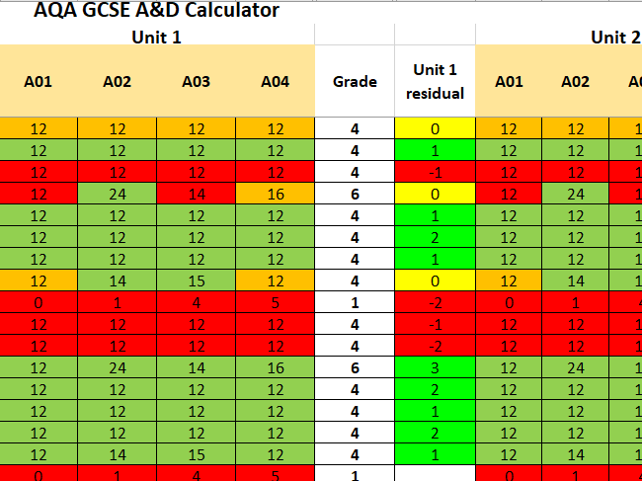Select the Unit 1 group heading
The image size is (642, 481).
tap(156, 37)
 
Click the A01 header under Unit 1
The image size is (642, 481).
tap(39, 82)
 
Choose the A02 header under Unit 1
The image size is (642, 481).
tap(118, 82)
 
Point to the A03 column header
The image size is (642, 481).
tap(196, 82)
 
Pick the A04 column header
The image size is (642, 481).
tap(275, 82)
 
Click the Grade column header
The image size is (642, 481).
tap(354, 82)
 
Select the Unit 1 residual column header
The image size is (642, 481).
tap(435, 82)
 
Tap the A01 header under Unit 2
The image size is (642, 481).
tap(509, 82)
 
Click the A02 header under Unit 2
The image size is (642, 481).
tap(575, 82)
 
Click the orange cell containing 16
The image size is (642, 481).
tap(275, 194)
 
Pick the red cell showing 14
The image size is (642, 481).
tap(196, 194)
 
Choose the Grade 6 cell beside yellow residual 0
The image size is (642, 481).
tap(354, 194)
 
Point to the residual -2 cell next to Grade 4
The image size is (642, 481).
tap(435, 345)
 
